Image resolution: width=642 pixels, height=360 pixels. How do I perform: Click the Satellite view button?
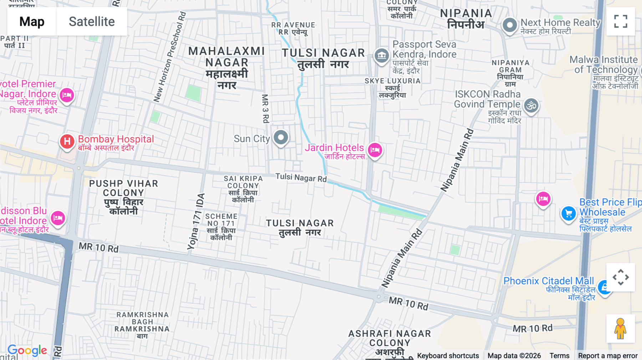click(x=92, y=21)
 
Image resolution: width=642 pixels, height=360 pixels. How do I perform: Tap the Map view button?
click(x=32, y=21)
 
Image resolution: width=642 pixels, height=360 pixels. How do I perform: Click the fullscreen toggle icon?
click(x=621, y=21)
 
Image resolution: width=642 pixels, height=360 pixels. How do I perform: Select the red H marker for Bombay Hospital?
click(x=67, y=142)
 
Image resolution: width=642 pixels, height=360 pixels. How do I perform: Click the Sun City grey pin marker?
click(x=281, y=137)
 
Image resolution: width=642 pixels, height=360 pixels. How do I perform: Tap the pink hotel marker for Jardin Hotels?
click(x=375, y=150)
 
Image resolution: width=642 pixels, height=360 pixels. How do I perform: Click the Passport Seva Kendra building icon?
click(x=382, y=56)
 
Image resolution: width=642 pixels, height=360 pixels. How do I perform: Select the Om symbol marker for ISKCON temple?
click(x=531, y=106)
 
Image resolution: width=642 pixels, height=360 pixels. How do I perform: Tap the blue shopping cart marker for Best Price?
click(x=569, y=214)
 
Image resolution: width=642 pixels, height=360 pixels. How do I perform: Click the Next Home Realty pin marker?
click(x=510, y=25)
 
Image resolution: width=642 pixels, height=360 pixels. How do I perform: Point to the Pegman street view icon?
click(x=621, y=329)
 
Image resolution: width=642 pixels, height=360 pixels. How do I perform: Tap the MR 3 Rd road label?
click(x=265, y=109)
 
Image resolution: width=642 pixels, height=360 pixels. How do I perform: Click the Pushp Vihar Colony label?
click(x=123, y=197)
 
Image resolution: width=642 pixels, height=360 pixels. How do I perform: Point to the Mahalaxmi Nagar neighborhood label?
click(x=227, y=68)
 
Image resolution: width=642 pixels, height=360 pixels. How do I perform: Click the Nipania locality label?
click(x=466, y=19)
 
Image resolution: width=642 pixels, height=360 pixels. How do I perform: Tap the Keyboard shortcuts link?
click(x=448, y=355)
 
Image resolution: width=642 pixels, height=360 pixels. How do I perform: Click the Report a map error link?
click(x=607, y=355)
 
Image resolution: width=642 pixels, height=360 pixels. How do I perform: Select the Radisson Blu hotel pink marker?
click(x=58, y=218)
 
